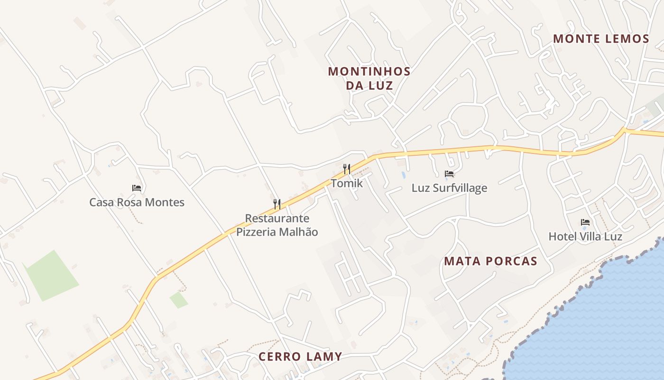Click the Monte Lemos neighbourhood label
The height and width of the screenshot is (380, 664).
coord(601,39)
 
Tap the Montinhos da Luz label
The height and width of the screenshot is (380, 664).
coord(369,78)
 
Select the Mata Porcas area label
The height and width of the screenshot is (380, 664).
coord(490,261)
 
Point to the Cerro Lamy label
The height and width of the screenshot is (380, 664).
coord(300,357)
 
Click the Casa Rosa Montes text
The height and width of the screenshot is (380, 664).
coord(137,203)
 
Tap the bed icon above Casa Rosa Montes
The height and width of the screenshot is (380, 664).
coord(137,188)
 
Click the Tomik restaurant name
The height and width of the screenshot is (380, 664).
coord(347,183)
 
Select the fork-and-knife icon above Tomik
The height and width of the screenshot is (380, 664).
coord(347,169)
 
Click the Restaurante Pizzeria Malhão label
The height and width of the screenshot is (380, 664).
coord(277,225)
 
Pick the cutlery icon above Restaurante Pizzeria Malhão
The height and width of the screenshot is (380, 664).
coord(277,204)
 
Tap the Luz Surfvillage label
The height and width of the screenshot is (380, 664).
coord(449,188)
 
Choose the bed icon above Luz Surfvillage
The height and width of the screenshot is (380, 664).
coord(449,174)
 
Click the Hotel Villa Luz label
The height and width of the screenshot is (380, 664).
coord(585,237)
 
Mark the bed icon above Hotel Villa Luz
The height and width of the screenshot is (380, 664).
coord(585,222)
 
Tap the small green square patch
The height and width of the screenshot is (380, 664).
coord(179,300)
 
